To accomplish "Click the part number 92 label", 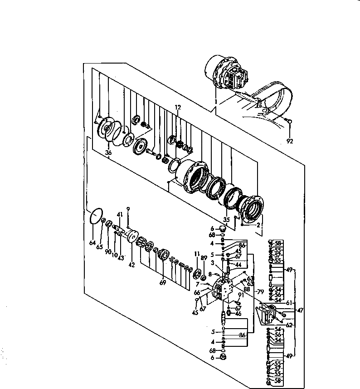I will (x=290, y=141).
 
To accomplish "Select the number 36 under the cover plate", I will (x=108, y=153).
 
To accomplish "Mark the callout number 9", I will (x=128, y=209).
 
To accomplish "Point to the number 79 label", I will (x=260, y=291).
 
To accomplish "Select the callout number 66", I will (x=197, y=293).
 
